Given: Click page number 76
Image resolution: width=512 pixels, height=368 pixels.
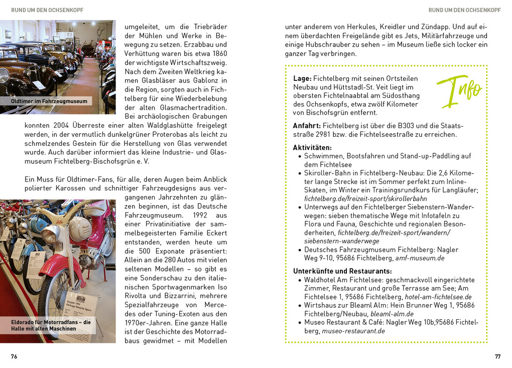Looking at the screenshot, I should coord(14,356).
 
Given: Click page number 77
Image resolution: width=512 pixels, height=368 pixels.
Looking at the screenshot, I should coord(497,356).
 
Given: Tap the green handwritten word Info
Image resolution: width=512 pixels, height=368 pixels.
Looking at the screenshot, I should coord(459,90).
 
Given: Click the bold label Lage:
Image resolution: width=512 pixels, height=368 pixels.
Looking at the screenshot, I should coord(303,78).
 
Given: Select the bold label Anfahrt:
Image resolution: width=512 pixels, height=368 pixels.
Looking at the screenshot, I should coord(307,125).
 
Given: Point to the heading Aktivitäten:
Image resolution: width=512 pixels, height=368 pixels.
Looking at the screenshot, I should coord(312,147).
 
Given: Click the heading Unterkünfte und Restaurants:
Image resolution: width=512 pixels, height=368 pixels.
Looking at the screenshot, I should coord(342,271).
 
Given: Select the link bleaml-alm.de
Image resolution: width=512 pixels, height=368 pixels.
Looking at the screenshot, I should coord(392,314).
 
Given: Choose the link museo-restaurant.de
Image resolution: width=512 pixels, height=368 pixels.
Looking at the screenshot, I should coord(353,331).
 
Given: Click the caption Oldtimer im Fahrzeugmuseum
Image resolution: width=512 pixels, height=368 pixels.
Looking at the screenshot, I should coord(49,101).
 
